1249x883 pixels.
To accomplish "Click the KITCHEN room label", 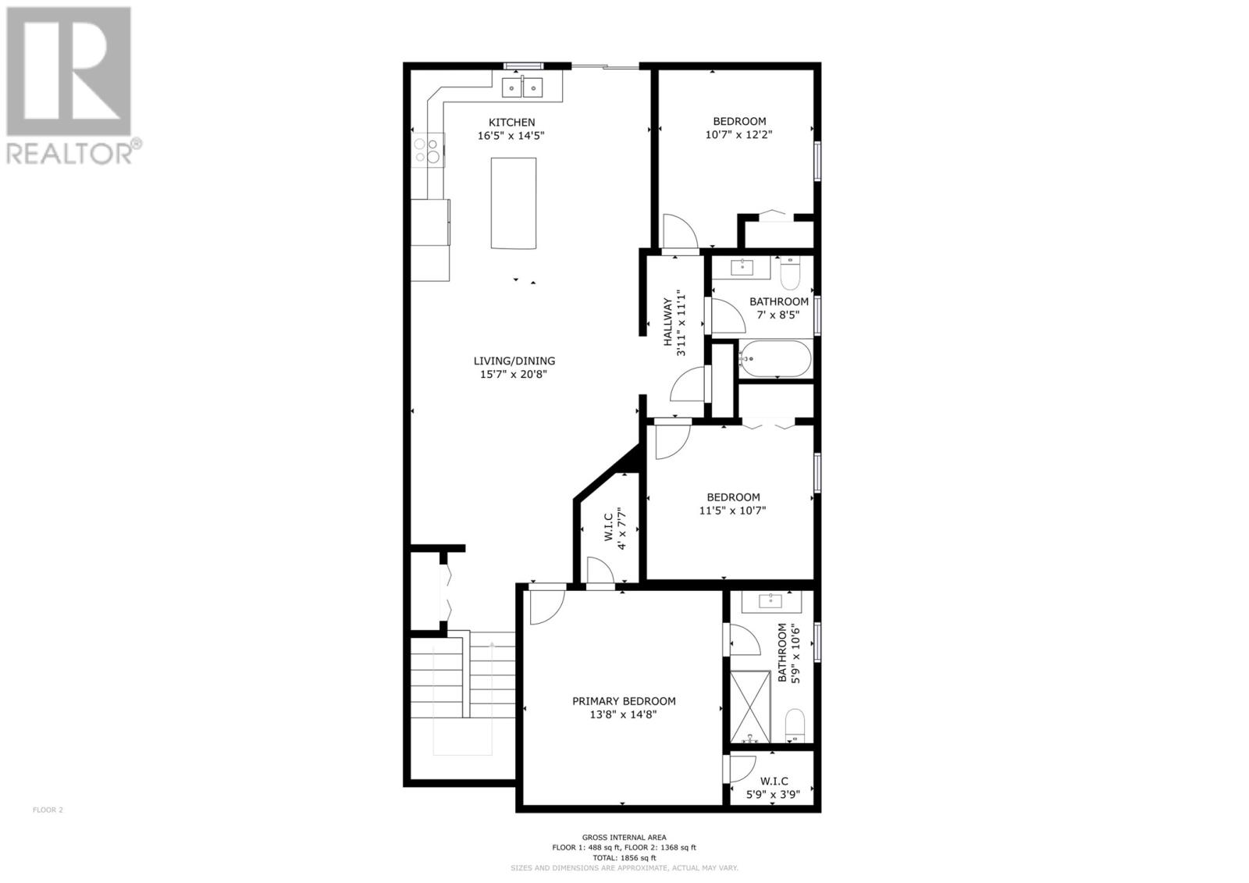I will click(x=511, y=122).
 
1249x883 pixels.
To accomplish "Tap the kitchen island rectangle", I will click(x=513, y=203).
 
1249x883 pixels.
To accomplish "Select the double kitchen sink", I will click(x=522, y=88).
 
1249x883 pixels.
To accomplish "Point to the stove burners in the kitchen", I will click(x=427, y=149).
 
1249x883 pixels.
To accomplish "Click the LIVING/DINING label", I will click(x=514, y=361).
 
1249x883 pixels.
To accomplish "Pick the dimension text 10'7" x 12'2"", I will click(x=738, y=134).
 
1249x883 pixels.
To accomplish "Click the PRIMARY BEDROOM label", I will click(x=624, y=701).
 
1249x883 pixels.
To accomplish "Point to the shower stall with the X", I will click(x=749, y=707).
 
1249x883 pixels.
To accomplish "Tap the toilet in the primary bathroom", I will click(x=795, y=725).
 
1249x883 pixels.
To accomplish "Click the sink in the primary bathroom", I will click(x=770, y=601).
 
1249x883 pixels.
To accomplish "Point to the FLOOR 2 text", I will click(x=48, y=810).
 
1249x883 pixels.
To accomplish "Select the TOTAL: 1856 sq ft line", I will click(x=624, y=857).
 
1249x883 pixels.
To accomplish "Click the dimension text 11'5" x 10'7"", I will click(x=733, y=511).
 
